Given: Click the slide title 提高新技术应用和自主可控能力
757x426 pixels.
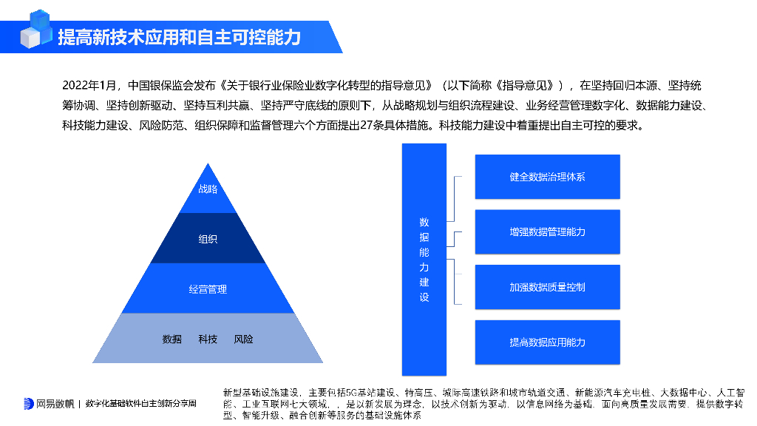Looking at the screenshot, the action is (179, 37).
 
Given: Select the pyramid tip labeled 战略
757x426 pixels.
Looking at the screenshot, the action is (208, 189).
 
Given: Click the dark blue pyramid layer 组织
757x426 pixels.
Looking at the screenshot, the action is (208, 239).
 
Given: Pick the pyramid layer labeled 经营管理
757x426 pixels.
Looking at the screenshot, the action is (208, 289).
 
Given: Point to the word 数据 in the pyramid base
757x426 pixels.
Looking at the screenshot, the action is (172, 339).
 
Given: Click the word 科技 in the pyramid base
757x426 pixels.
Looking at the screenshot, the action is (208, 339).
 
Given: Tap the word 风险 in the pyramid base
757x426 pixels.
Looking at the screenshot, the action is (243, 339).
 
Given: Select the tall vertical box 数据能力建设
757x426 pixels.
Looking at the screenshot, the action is (424, 259).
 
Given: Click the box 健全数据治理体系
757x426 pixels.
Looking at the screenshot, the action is (547, 177).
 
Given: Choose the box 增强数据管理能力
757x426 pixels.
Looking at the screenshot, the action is (547, 232).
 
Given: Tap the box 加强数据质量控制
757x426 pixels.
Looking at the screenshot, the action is (547, 287).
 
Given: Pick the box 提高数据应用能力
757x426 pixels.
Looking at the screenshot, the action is (547, 342).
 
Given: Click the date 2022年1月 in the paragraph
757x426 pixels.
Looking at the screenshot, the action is (89, 85).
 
